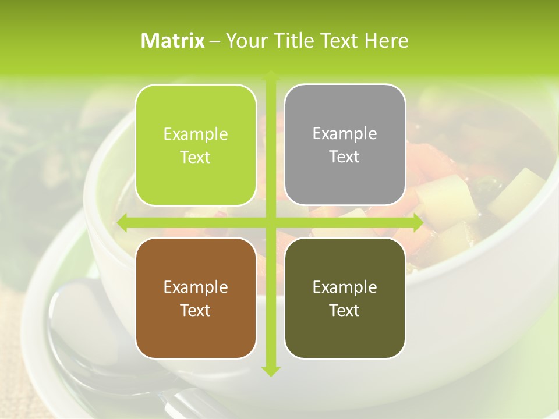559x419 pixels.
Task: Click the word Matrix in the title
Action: pos(173,41)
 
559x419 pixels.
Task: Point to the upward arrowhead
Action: pos(270,76)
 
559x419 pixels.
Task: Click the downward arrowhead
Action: pos(270,371)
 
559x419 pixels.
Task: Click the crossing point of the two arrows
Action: pos(270,222)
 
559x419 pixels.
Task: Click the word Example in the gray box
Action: pos(345,134)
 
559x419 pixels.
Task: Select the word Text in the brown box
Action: pos(196,311)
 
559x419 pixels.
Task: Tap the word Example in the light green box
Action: pos(196,134)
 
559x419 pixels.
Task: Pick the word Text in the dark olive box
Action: pos(345,311)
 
